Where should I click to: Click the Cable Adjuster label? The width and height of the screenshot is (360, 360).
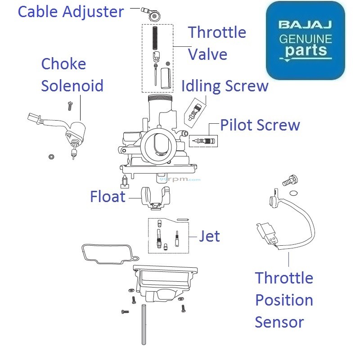point(71,11)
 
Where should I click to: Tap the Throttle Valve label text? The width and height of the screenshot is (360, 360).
point(217,43)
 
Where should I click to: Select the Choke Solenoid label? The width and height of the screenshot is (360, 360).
point(72,75)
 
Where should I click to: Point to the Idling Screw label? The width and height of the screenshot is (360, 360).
point(225,85)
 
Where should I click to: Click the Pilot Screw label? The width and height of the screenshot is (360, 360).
point(260,125)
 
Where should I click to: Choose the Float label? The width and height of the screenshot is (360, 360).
point(108,197)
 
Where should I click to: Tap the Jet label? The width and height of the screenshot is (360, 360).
point(209,236)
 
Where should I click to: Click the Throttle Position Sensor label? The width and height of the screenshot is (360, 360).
point(283,300)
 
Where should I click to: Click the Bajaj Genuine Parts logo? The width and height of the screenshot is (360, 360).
point(306,40)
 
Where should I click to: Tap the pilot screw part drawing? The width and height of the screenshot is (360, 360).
point(203,141)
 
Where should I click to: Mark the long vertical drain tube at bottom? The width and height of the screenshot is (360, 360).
point(144,324)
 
